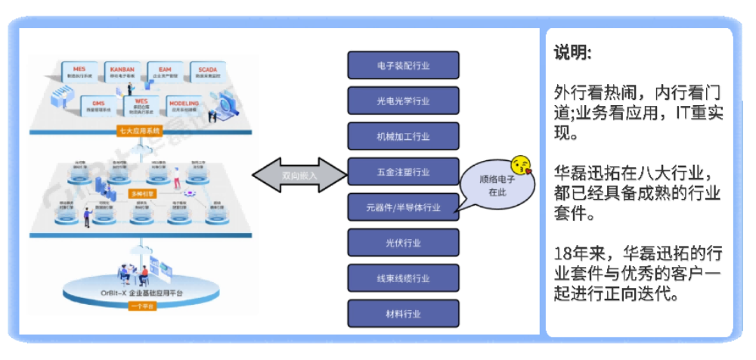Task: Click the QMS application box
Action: (x=99, y=105)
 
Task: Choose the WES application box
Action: (x=141, y=105)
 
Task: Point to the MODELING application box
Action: (x=184, y=105)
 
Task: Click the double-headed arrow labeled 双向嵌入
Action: (x=300, y=175)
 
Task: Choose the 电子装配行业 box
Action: (x=403, y=66)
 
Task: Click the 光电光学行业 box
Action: (x=403, y=101)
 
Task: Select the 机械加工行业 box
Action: (x=403, y=136)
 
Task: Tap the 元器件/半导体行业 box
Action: (x=403, y=206)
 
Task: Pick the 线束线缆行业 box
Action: (x=403, y=278)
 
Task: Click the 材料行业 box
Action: (x=403, y=313)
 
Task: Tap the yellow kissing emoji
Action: (x=521, y=165)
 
